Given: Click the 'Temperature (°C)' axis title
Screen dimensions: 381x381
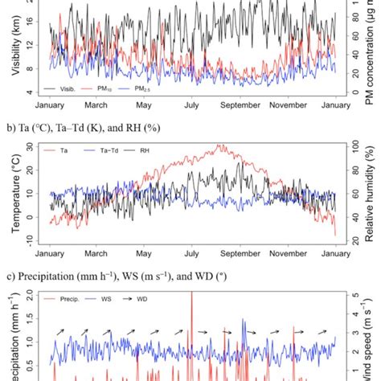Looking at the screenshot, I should [16, 190].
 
